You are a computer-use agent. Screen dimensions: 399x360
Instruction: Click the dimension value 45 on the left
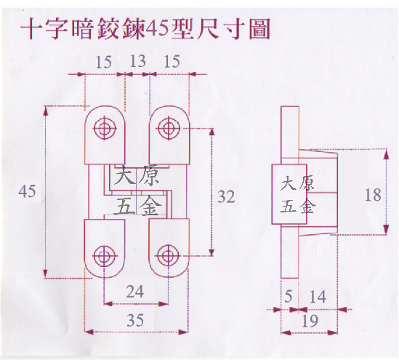coord(27,191)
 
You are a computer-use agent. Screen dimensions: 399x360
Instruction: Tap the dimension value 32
coord(226,196)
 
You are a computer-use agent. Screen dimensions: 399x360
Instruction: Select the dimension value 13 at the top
coord(137,61)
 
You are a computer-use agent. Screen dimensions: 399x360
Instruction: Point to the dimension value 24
coord(135,292)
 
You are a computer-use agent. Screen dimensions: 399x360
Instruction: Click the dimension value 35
coord(135,320)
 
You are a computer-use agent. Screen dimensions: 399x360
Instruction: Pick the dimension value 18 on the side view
coord(373,195)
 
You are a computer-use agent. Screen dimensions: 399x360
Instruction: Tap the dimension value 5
coord(288,296)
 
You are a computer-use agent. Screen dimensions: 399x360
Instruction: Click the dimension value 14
coord(318,297)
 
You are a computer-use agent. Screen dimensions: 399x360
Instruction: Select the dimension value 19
coord(310,321)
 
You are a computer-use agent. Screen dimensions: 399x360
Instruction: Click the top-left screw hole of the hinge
coord(105,128)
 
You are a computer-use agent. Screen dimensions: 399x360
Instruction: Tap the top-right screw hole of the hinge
coord(169,128)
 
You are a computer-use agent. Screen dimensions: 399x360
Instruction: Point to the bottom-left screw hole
coord(105,256)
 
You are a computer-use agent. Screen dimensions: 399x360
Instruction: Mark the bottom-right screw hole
coord(168,256)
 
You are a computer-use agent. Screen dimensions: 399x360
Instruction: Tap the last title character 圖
coord(259,29)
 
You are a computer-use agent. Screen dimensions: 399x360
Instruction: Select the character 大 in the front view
coord(125,175)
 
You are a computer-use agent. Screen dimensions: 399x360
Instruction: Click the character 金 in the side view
coord(305,205)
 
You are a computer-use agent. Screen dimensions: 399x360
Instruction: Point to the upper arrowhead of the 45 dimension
coord(46,111)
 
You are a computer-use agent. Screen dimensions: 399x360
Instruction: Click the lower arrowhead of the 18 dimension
coord(386,229)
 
